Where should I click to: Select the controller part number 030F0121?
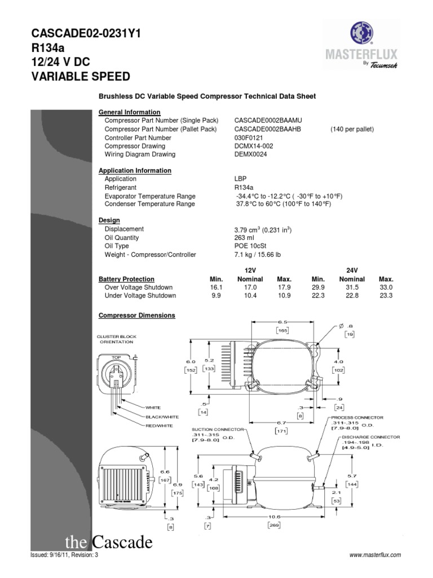249,138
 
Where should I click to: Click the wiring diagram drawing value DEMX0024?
251,154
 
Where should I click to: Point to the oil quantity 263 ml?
245,238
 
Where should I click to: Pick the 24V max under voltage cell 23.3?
386,295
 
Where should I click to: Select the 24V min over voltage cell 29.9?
319,287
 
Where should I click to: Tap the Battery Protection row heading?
126,279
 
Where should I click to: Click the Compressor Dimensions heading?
137,316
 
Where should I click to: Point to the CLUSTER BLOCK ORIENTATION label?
117,339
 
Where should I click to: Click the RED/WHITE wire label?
160,425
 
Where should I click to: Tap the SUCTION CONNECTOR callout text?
217,430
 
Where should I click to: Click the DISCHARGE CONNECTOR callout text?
371,437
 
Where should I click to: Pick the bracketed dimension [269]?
274,524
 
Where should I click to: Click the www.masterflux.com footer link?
375,555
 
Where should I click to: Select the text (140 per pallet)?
352,129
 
